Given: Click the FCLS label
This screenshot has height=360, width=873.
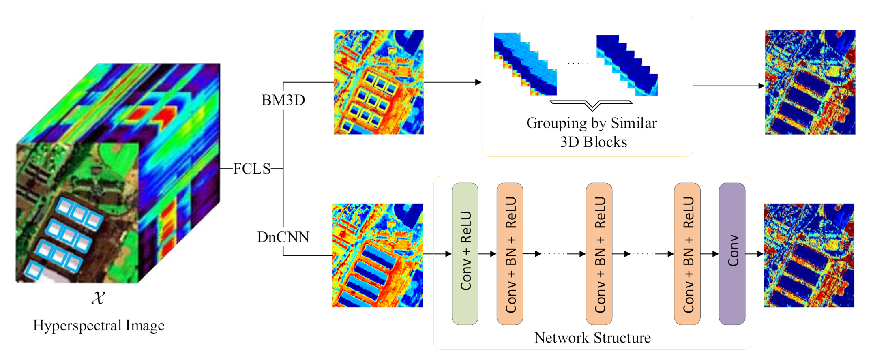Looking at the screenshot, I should (x=252, y=169).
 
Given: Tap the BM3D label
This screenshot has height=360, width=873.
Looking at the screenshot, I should (x=283, y=100).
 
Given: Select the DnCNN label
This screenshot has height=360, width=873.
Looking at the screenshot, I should (x=283, y=237).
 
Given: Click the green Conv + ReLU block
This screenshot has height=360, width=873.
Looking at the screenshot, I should (x=465, y=254).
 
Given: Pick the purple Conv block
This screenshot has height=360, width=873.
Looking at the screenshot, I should (x=732, y=254).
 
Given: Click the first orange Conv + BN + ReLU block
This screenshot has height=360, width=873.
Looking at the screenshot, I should (x=510, y=254).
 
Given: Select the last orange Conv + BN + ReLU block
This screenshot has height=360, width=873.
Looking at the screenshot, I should (x=687, y=254).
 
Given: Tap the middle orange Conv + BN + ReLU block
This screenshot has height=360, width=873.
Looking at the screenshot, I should (x=599, y=254).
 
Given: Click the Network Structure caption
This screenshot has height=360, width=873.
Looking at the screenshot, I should (x=592, y=338).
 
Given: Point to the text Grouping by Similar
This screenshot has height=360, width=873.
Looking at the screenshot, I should (x=591, y=123).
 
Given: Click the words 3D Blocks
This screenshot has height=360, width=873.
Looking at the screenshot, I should (x=593, y=142).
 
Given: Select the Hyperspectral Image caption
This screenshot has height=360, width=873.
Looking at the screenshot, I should (x=99, y=326).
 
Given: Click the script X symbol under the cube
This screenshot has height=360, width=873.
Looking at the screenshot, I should (x=98, y=298).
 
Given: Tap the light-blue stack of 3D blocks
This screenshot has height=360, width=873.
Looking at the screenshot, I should (x=525, y=65).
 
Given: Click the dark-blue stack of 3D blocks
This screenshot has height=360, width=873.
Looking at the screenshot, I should (x=627, y=65).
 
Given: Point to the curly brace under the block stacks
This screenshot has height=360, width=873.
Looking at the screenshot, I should (x=591, y=105).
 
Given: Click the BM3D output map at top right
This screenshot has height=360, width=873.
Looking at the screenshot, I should (x=810, y=82).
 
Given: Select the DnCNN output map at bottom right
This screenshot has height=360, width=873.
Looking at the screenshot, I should (x=809, y=255).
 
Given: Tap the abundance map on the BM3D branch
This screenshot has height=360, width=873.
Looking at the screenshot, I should (x=378, y=82).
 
